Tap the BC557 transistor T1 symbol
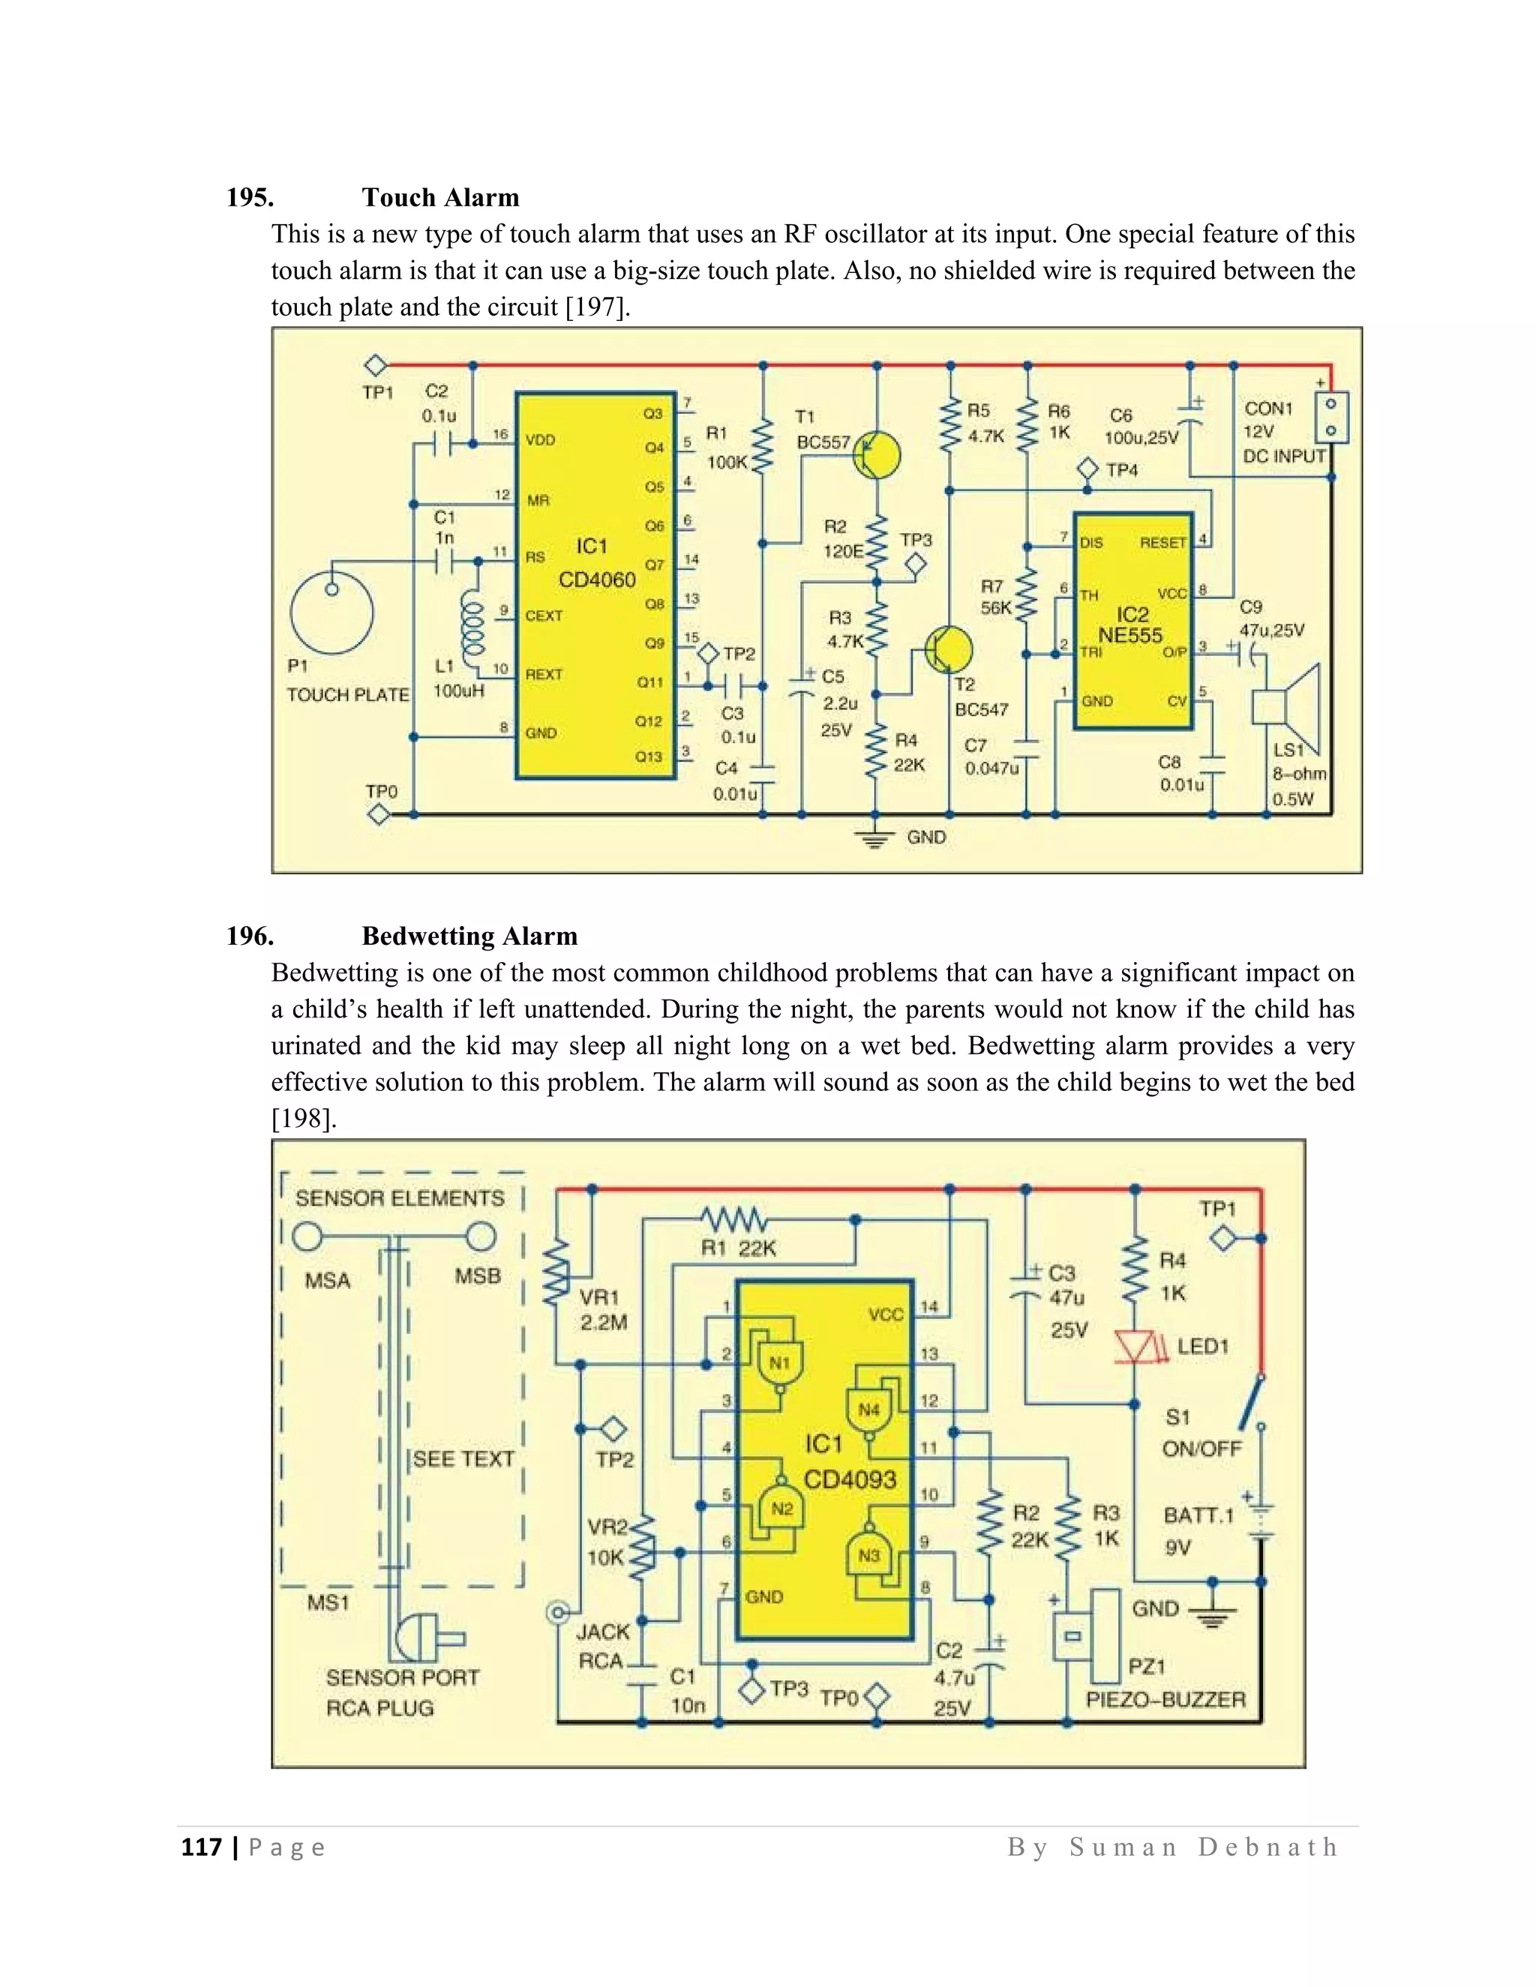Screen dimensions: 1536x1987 click(x=874, y=455)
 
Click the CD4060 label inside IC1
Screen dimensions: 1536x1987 click(x=597, y=580)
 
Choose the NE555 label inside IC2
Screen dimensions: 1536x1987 click(x=1130, y=636)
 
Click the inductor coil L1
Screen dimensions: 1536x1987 click(x=474, y=626)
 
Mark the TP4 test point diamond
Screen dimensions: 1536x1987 click(x=1087, y=469)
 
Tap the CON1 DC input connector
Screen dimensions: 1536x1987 click(x=1331, y=417)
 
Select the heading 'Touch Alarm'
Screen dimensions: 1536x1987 click(x=440, y=197)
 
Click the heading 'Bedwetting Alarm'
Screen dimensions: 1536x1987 click(x=469, y=937)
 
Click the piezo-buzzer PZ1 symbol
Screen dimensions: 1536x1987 click(x=1087, y=1634)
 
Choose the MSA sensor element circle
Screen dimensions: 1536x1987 click(x=307, y=1236)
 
